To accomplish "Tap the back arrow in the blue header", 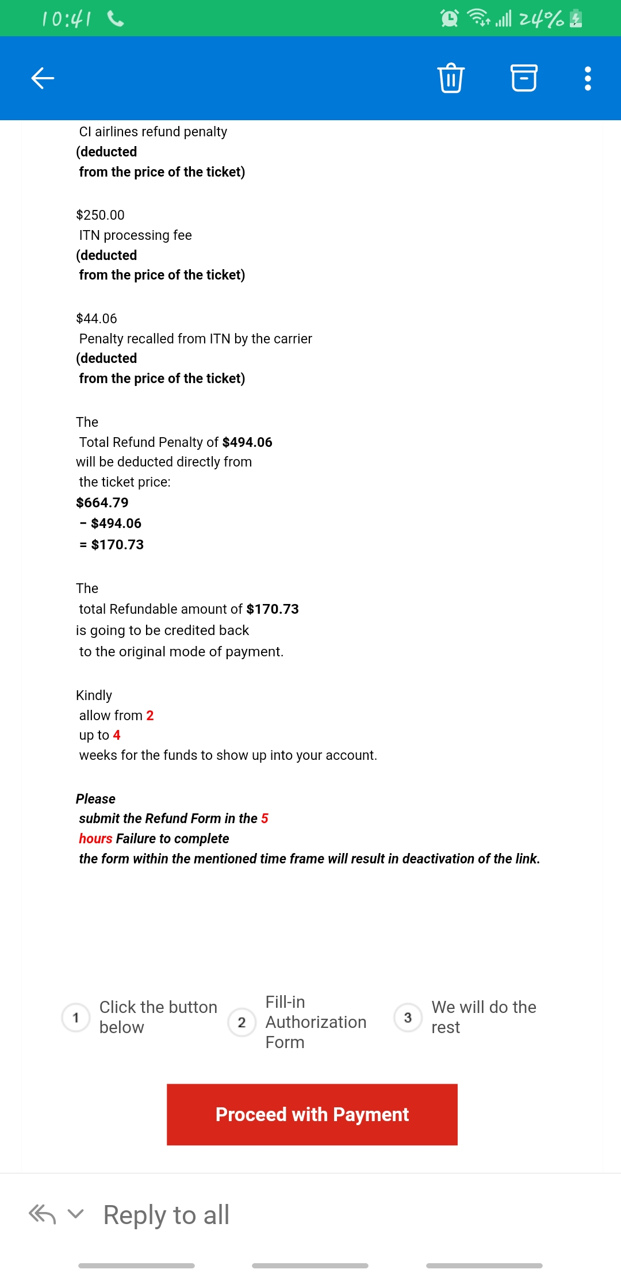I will point(43,78).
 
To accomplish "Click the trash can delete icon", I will point(451,78).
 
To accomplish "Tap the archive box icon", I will point(524,78).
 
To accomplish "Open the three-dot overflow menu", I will point(588,78).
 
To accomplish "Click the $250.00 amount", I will point(100,215).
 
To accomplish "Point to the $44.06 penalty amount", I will point(97,319).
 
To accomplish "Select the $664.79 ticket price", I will point(102,503).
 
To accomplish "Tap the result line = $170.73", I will point(112,545).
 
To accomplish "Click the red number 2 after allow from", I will point(150,716).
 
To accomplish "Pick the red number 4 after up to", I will point(117,735).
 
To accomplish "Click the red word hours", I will point(95,839).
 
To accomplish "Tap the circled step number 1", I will point(76,1018).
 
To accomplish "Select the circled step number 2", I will point(241,1022).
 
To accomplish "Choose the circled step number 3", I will point(408,1018).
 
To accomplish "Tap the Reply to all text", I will point(166,1215).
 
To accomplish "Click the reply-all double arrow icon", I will point(43,1214).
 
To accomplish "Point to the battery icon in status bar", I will point(576,19).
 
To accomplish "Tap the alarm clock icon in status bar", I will point(449,18).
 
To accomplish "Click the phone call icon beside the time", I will point(116,19).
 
